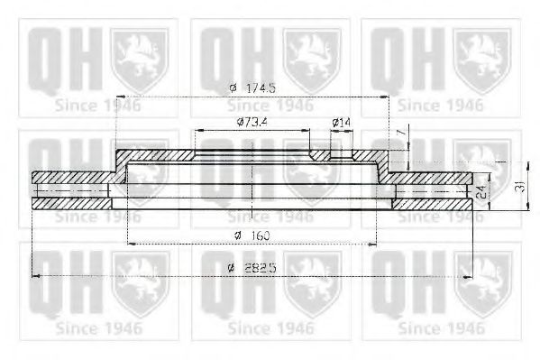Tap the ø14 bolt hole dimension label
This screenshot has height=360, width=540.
(342, 122)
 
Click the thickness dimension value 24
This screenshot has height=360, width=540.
(482, 192)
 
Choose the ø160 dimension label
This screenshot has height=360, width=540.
(252, 235)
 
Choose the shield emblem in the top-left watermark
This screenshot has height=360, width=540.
(139, 59)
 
